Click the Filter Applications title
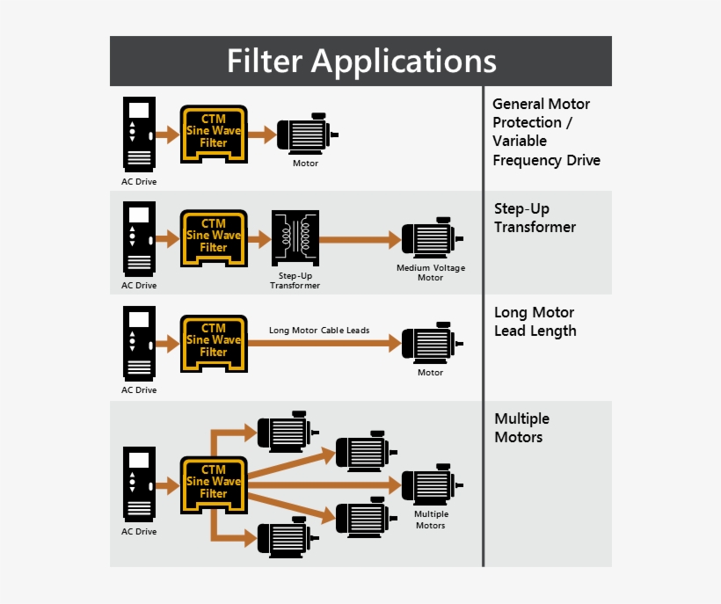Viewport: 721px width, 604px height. pos(360,62)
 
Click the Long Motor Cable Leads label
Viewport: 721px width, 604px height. pos(319,331)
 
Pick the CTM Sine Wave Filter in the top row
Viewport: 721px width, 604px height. pos(214,133)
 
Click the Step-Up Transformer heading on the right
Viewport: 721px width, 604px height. pos(535,218)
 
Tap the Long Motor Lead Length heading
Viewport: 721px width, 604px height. pos(535,322)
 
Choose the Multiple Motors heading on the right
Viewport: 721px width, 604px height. pos(521,428)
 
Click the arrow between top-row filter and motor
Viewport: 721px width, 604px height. pos(261,135)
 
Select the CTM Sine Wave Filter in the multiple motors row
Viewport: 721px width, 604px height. pos(214,484)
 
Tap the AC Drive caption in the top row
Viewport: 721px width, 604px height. pos(139,182)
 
